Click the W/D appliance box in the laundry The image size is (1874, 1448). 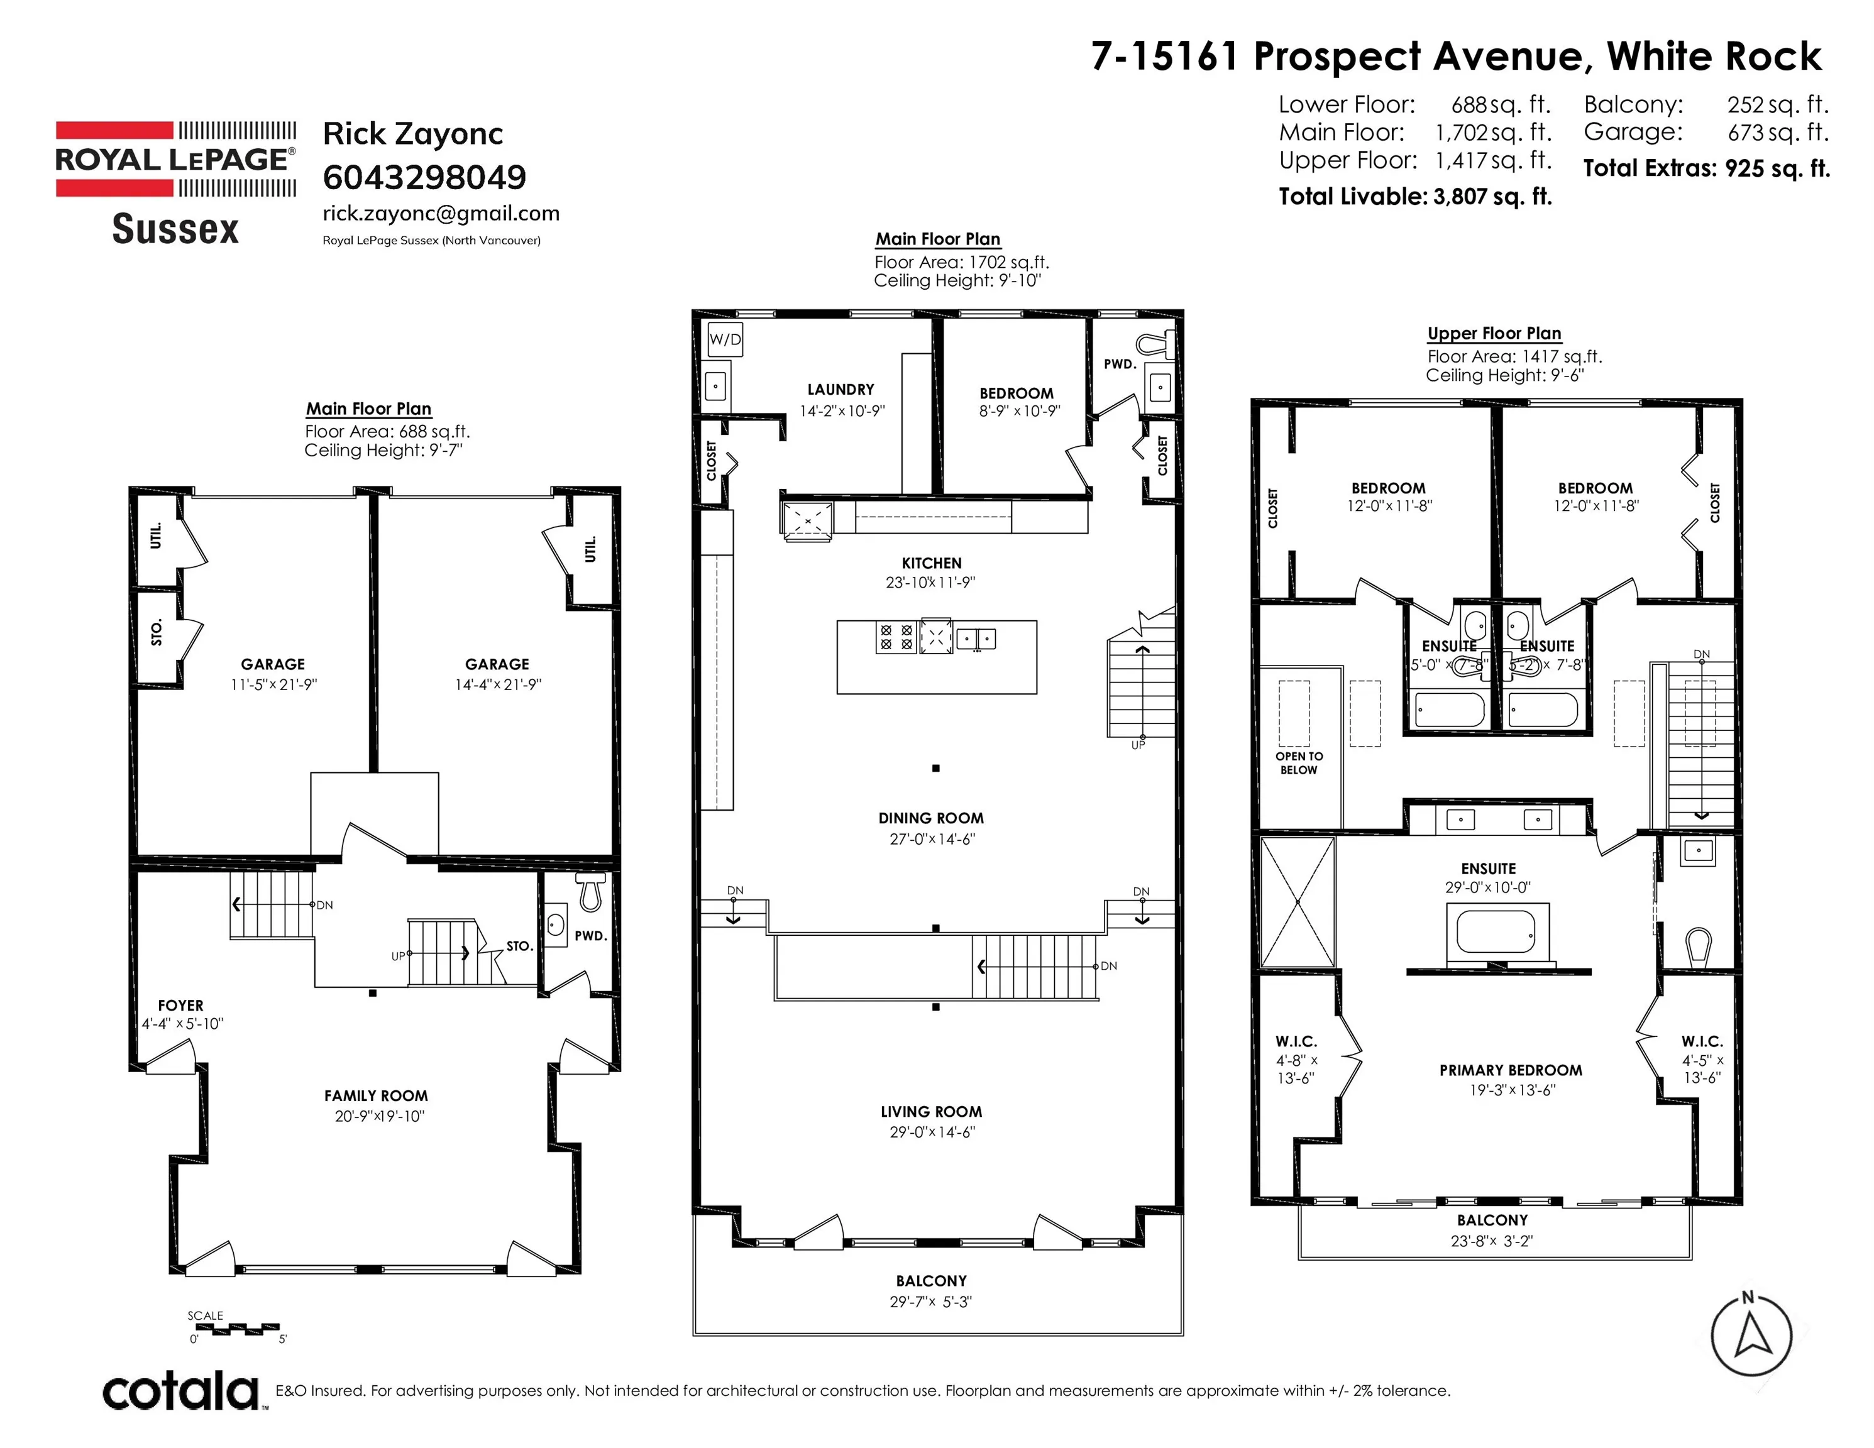[724, 340]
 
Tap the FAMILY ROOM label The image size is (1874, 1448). [376, 1095]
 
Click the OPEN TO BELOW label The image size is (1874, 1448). [1298, 762]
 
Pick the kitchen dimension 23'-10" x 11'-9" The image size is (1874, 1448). [931, 583]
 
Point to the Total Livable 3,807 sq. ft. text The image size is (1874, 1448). [1416, 197]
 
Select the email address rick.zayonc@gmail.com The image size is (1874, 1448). [441, 214]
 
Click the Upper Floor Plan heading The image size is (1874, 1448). [1494, 334]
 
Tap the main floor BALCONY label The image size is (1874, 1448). [931, 1281]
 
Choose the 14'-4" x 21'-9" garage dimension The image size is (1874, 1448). [498, 684]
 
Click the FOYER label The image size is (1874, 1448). [180, 1006]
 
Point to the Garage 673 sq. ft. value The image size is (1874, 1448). [1778, 132]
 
